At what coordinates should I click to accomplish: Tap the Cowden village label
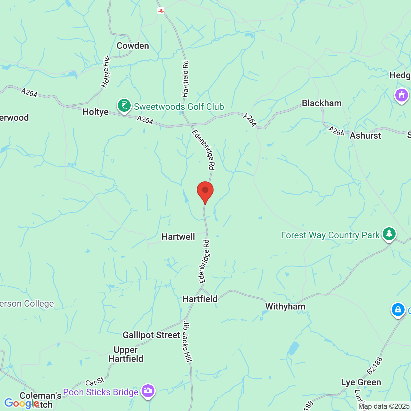tap(133, 46)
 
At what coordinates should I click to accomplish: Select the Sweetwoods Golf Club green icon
tap(124, 105)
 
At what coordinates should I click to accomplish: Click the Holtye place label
tap(95, 112)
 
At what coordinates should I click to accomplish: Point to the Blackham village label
tap(322, 103)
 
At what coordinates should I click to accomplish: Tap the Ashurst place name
tap(365, 136)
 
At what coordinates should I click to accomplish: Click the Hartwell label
tap(178, 237)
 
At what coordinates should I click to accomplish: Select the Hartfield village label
tap(200, 299)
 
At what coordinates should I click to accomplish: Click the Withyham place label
tap(285, 306)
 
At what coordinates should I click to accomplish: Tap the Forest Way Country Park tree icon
tap(389, 234)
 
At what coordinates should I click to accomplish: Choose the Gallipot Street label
tap(152, 335)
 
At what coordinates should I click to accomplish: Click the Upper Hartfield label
tap(126, 354)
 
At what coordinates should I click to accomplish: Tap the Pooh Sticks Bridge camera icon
tap(148, 391)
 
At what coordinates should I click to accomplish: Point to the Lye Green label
tap(361, 382)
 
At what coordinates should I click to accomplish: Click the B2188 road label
tap(375, 366)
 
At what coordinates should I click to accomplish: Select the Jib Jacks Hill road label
tap(187, 341)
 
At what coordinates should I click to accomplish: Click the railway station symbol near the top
tap(161, 11)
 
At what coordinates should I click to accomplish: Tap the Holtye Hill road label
tap(105, 72)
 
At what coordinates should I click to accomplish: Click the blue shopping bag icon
tap(398, 310)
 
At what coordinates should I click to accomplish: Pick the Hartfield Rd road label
tap(186, 79)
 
